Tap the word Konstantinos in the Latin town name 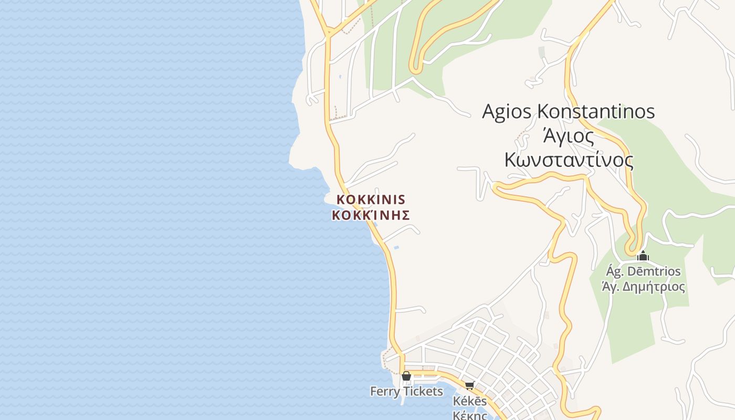596,112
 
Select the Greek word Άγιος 569,136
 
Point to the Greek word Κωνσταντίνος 569,160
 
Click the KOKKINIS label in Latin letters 371,199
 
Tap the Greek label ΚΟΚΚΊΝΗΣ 371,215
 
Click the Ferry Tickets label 406,392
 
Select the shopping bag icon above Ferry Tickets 406,376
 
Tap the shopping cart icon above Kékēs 469,386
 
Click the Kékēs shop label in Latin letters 470,402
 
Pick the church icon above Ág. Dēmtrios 643,256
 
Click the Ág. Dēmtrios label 643,271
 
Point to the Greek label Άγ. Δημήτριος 643,287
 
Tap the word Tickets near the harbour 422,392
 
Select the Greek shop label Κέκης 470,415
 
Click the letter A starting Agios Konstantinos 489,112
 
